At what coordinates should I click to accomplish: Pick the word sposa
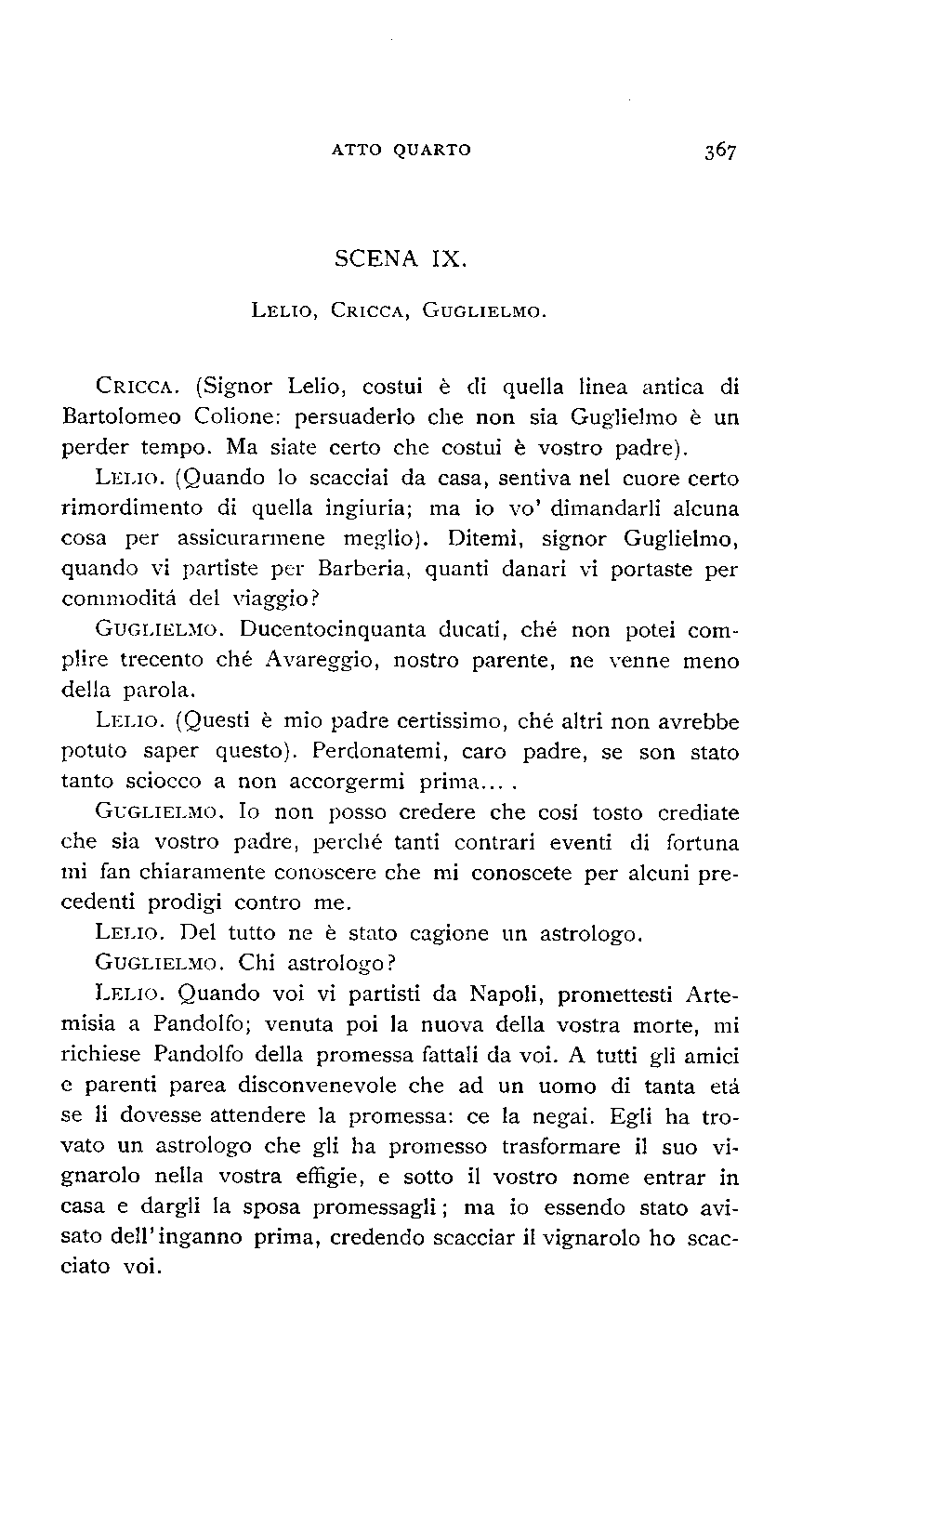270,1207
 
